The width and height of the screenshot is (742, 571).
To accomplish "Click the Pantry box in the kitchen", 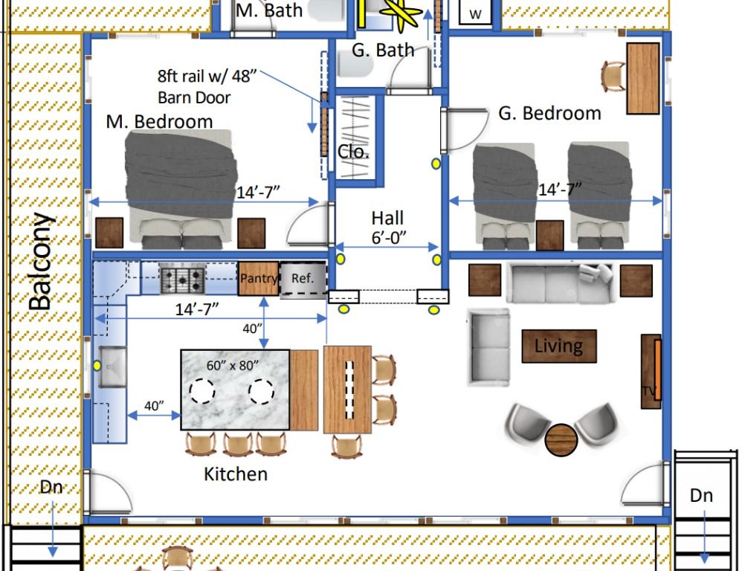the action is [x=259, y=278].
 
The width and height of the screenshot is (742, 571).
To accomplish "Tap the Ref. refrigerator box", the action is [x=303, y=279].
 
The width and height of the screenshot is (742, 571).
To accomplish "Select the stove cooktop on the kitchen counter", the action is [x=183, y=279].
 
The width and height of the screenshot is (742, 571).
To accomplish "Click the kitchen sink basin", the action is [x=112, y=366].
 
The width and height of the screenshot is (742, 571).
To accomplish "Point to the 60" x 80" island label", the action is [x=233, y=365].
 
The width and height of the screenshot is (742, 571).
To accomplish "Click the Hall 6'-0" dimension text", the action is [x=388, y=228].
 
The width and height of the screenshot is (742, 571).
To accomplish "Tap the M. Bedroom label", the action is [x=159, y=122].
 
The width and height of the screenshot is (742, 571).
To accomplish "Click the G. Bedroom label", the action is [x=550, y=114].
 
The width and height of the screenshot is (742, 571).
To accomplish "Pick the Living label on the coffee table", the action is [x=559, y=346].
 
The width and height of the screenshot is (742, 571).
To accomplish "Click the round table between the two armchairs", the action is [x=561, y=440].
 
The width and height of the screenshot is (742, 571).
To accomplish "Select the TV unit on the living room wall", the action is [x=651, y=371].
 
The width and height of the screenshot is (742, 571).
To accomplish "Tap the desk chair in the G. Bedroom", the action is [x=613, y=76].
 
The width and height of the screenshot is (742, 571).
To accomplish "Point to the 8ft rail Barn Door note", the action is [x=207, y=86].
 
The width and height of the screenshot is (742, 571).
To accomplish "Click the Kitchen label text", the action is [x=236, y=474].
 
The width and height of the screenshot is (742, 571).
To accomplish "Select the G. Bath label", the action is [x=383, y=50].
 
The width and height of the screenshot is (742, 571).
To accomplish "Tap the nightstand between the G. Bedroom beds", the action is [x=550, y=235].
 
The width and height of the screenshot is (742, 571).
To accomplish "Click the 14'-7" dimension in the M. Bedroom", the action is [x=258, y=193].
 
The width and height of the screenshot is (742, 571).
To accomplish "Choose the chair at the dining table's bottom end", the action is [x=347, y=447].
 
